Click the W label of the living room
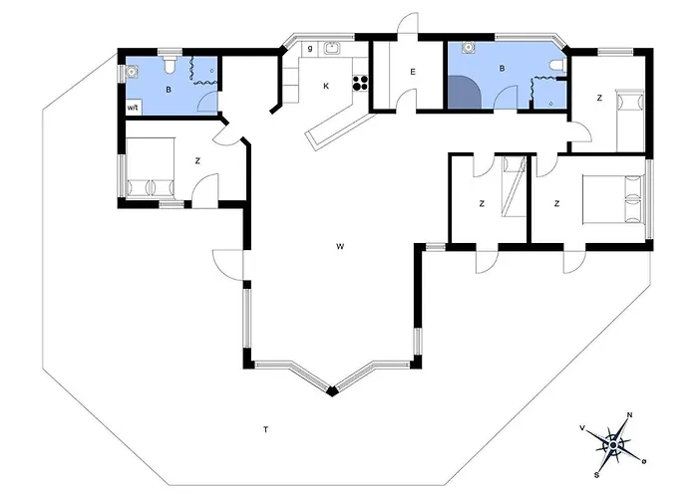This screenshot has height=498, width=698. pyautogui.click(x=340, y=246)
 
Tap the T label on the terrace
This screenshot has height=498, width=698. pyautogui.click(x=266, y=429)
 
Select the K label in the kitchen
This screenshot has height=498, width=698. pyautogui.click(x=326, y=86)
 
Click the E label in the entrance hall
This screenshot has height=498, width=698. pyautogui.click(x=413, y=72)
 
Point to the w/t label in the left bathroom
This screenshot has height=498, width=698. pyautogui.click(x=133, y=108)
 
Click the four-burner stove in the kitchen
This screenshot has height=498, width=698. pyautogui.click(x=361, y=83)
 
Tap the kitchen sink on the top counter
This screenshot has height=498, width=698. pyautogui.click(x=332, y=48)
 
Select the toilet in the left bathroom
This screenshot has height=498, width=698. pyautogui.click(x=170, y=65)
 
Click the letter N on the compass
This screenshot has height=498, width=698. pyautogui.click(x=629, y=415)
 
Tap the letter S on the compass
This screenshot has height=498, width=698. pyautogui.click(x=596, y=475)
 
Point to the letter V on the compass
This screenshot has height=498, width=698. pyautogui.click(x=581, y=427)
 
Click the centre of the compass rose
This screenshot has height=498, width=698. pyautogui.click(x=613, y=445)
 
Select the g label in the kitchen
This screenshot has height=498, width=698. pyautogui.click(x=310, y=48)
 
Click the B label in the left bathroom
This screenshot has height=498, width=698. pyautogui.click(x=169, y=90)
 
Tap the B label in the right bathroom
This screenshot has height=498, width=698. pyautogui.click(x=503, y=69)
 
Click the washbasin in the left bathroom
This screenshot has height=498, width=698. pyautogui.click(x=131, y=71)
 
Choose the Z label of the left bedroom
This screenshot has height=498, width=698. pyautogui.click(x=197, y=161)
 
